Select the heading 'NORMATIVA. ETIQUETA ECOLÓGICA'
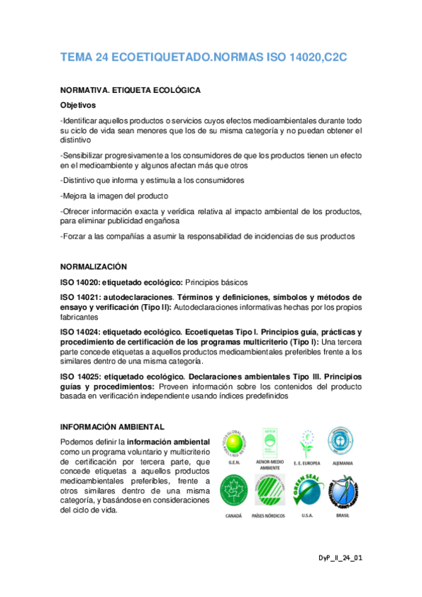130,91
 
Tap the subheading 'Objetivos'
81,105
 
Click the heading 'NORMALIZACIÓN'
93,267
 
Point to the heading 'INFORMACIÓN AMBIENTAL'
113,427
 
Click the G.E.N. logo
236,441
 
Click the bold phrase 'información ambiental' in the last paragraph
159,441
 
